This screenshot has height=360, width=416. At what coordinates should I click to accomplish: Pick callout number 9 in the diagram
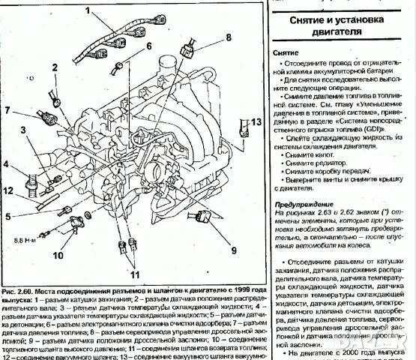[233, 249]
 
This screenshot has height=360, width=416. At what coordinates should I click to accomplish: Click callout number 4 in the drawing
[5, 163]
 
